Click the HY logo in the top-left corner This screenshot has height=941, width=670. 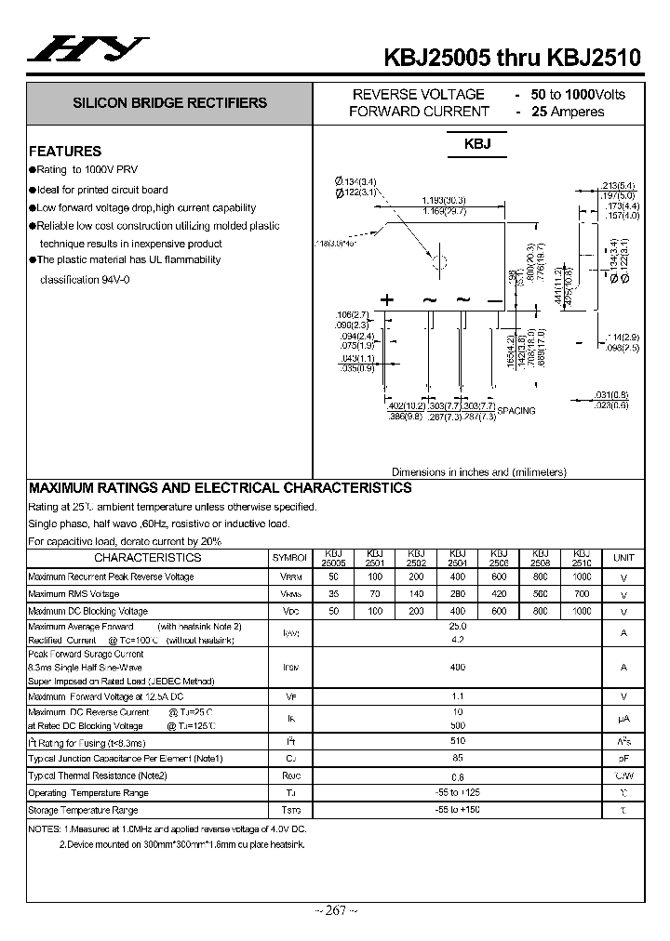point(87,51)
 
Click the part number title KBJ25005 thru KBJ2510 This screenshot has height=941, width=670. point(513,58)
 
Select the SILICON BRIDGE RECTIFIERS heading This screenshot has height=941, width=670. point(170,103)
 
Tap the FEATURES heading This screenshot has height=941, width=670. point(65,151)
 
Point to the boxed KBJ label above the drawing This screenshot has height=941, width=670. point(477,145)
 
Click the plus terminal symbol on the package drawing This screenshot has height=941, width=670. point(387,299)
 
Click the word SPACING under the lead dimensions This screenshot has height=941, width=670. point(516,411)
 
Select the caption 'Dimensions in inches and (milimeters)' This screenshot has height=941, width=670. point(478,471)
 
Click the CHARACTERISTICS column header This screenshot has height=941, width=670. point(147,558)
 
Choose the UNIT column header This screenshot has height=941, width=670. point(623,558)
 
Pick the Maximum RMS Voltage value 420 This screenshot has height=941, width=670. point(499,593)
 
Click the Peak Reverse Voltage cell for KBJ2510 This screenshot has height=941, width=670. point(583,577)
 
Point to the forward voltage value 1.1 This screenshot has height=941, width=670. point(458,696)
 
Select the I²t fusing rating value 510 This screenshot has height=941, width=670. point(458,742)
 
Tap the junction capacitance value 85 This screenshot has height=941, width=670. point(458,758)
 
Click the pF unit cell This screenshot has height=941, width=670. point(623,759)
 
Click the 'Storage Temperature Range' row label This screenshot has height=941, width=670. point(88,811)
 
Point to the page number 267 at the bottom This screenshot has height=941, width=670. point(334,910)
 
